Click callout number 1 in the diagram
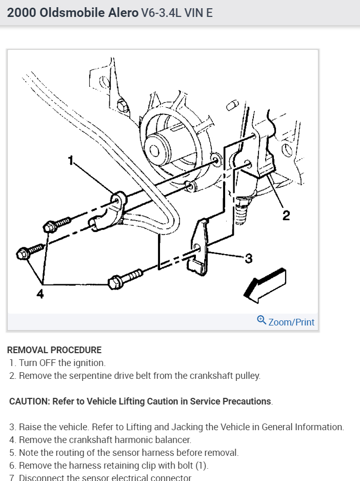(72, 161)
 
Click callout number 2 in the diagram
(286, 215)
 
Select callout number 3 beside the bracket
(248, 258)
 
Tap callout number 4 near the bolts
(40, 293)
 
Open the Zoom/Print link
(291, 322)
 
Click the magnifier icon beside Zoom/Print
(262, 320)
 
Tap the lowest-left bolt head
(24, 253)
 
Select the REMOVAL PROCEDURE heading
(54, 350)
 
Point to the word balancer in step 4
(173, 440)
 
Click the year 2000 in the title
(20, 13)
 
